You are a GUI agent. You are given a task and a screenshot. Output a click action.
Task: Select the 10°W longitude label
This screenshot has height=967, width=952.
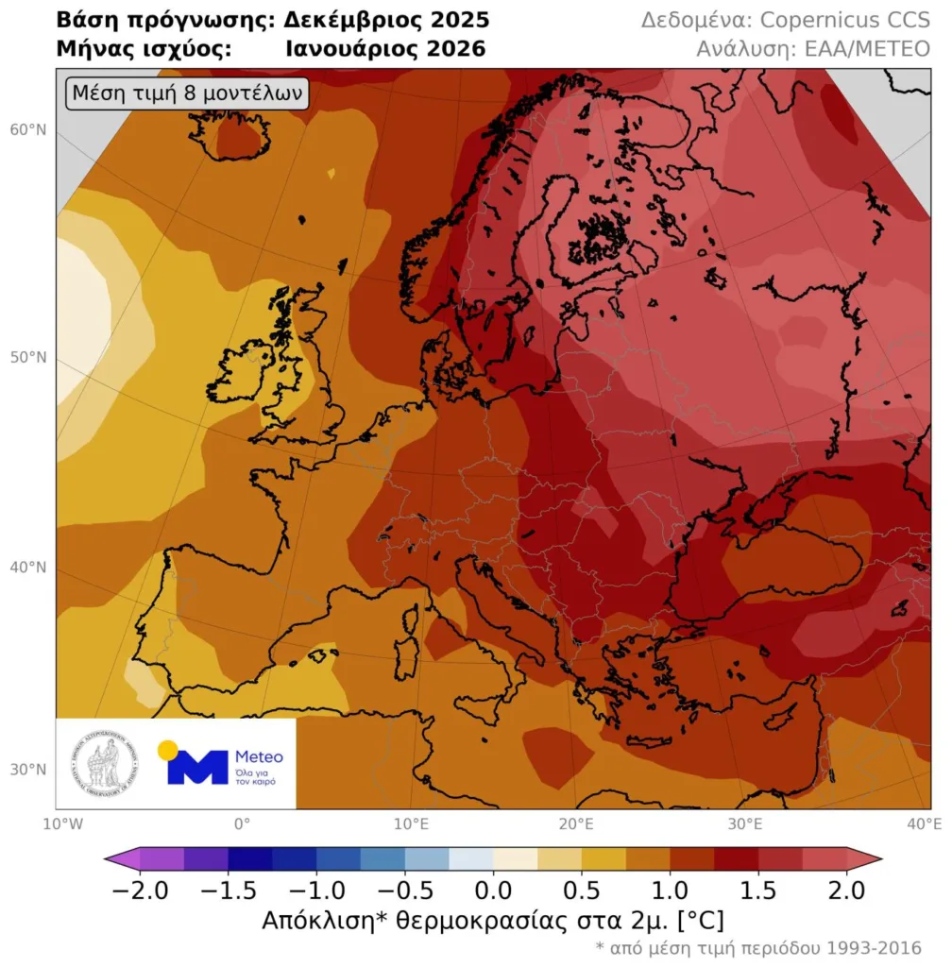click(56, 823)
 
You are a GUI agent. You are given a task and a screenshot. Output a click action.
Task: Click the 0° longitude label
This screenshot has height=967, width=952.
click(242, 823)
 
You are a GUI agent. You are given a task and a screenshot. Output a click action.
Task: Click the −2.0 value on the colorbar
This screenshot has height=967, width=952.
click(140, 890)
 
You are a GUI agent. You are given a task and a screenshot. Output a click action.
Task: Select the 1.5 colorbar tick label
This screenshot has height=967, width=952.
click(758, 890)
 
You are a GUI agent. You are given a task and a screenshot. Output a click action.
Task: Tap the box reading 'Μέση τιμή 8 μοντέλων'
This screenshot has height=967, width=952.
click(186, 93)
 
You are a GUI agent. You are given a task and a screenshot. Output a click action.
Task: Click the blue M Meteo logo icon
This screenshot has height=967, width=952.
click(197, 767)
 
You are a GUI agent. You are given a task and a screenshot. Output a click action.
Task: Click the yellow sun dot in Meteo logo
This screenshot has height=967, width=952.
click(168, 751)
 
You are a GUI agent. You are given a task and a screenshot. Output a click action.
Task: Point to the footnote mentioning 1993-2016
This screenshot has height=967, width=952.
click(757, 947)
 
